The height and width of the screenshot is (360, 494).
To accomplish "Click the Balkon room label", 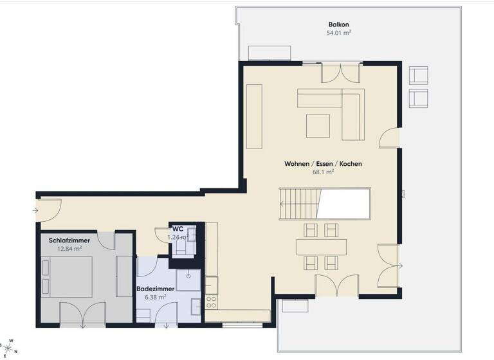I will [338, 24].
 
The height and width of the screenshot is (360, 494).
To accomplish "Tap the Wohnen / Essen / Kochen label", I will [323, 164].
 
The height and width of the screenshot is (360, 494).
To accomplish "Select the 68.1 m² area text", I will [323, 172].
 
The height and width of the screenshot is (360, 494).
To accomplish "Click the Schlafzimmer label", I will [69, 240].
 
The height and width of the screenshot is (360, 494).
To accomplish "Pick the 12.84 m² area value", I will [69, 249].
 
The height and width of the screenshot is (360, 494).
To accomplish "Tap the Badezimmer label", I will [156, 289].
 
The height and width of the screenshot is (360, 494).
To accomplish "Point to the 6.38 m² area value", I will [156, 298].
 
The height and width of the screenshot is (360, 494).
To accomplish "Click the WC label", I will [178, 229].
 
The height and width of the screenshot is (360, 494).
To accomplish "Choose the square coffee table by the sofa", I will [318, 125].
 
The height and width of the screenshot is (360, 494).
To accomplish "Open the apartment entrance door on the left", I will [49, 208].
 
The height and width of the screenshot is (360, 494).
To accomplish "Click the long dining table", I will [321, 247].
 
